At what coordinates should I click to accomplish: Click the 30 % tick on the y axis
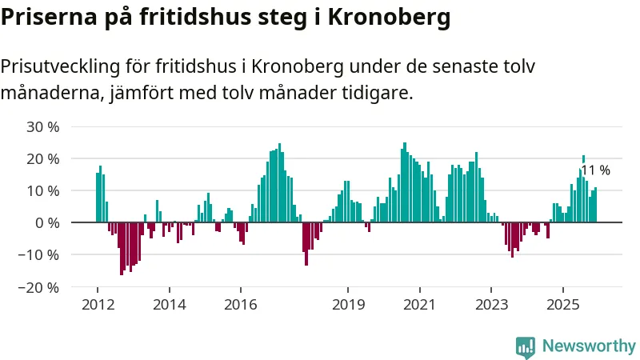[43, 126]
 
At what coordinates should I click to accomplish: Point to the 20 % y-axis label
[43, 158]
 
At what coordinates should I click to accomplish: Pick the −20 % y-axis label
[40, 286]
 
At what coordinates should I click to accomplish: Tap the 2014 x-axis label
[169, 304]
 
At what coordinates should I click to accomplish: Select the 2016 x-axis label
[240, 304]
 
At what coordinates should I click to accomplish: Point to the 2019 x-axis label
[347, 304]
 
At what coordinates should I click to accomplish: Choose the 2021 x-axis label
[419, 304]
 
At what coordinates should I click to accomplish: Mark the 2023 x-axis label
[490, 304]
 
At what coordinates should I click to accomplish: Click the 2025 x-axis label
[562, 304]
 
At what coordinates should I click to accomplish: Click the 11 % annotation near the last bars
[595, 170]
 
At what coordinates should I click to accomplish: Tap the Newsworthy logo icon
[526, 346]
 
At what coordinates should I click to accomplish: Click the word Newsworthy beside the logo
[589, 346]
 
